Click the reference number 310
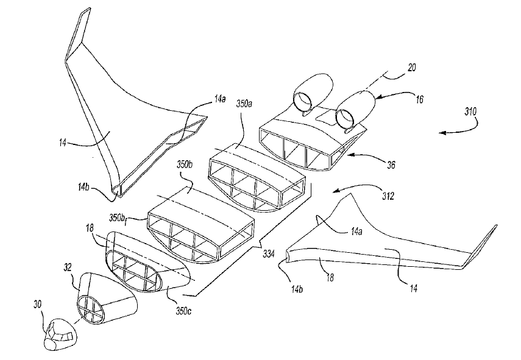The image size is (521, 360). point(470,111)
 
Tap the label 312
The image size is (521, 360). point(388,196)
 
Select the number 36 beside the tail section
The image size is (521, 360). point(391,164)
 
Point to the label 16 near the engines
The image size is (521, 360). point(420,99)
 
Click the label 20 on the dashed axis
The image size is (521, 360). point(412,68)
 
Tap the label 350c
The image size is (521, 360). point(183,312)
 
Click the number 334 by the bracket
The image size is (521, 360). point(269,254)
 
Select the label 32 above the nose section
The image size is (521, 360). point(68,267)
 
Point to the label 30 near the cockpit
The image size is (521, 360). point(38,304)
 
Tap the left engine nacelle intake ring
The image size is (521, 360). point(302,101)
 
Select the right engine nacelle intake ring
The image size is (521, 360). point(346,119)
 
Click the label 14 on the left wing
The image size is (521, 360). point(63,143)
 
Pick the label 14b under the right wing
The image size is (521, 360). point(297,289)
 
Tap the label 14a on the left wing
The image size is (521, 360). point(219,99)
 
